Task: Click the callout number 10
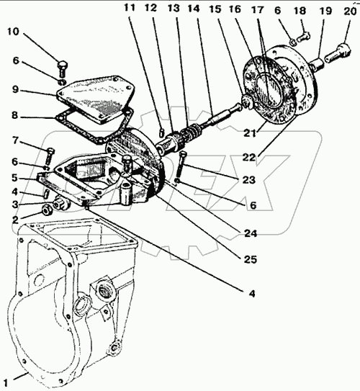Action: coord(13,32)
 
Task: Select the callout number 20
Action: coord(349,12)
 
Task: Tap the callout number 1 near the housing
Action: coord(6,383)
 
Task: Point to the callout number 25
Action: coord(250,259)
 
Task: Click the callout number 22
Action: coord(249,158)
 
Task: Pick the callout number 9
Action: coord(15,89)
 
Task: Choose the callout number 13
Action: coord(174,8)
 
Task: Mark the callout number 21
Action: coord(250,133)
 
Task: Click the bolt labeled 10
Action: coord(62,69)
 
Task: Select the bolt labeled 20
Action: coord(338,53)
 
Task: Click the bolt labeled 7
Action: coord(50,156)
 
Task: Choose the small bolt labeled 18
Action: coord(303,37)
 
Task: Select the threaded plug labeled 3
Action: coord(61,202)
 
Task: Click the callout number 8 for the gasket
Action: coord(14,115)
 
